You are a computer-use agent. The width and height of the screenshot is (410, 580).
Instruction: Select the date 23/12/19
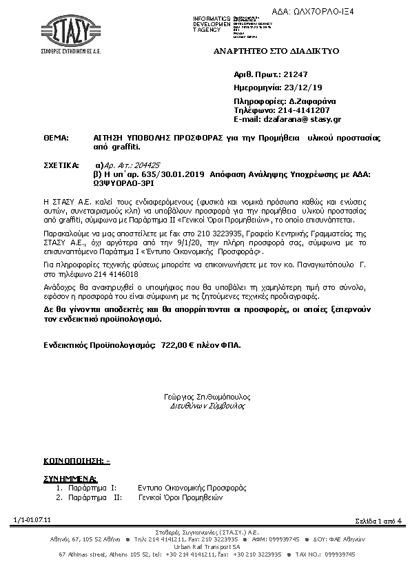tap(303, 87)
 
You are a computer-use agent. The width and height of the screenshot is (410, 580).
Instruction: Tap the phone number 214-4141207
tap(303, 110)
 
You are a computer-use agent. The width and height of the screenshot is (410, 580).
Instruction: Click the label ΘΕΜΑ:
tap(57, 138)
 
